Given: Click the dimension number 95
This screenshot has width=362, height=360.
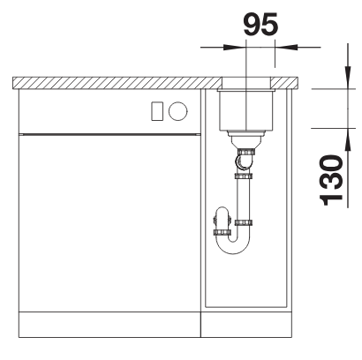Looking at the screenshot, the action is [x=260, y=25].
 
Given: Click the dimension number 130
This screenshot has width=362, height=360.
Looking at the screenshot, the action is [x=331, y=180].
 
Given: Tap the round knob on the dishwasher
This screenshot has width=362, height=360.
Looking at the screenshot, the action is [x=177, y=111].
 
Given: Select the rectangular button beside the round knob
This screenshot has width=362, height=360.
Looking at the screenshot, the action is [x=157, y=111].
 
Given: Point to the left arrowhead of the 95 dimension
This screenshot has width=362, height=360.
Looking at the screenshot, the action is [x=234, y=47].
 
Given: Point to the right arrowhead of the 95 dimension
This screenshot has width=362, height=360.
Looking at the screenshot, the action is [x=286, y=47].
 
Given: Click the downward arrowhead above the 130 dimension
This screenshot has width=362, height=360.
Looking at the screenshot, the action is [x=348, y=77].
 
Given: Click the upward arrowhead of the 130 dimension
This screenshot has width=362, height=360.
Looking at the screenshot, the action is [x=348, y=139].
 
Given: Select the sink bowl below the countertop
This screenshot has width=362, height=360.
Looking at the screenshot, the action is [x=246, y=110].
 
